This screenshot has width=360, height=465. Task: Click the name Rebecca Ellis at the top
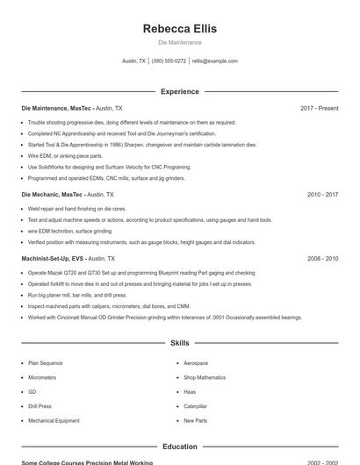click(179, 28)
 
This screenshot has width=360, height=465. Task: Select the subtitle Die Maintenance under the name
click(179, 42)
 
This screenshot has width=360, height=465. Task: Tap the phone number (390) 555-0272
click(169, 61)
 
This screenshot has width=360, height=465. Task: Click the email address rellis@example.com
click(214, 61)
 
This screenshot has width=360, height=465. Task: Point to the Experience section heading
click(179, 91)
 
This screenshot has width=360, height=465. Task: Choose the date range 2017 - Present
click(319, 108)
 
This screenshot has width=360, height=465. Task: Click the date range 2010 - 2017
click(322, 194)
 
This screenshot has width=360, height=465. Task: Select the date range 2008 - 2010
click(322, 259)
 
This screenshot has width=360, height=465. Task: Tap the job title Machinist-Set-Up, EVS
click(54, 259)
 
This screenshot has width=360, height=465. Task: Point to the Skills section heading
click(179, 343)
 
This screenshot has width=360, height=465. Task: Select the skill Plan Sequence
click(45, 362)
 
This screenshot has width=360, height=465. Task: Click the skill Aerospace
click(196, 362)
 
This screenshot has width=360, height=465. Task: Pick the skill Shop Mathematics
click(205, 377)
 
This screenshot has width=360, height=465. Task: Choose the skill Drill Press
click(40, 406)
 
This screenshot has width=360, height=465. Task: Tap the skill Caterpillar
click(196, 406)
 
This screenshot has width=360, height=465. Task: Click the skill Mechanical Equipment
click(54, 421)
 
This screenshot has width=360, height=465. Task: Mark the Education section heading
click(179, 447)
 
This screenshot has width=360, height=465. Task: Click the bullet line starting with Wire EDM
click(65, 155)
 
